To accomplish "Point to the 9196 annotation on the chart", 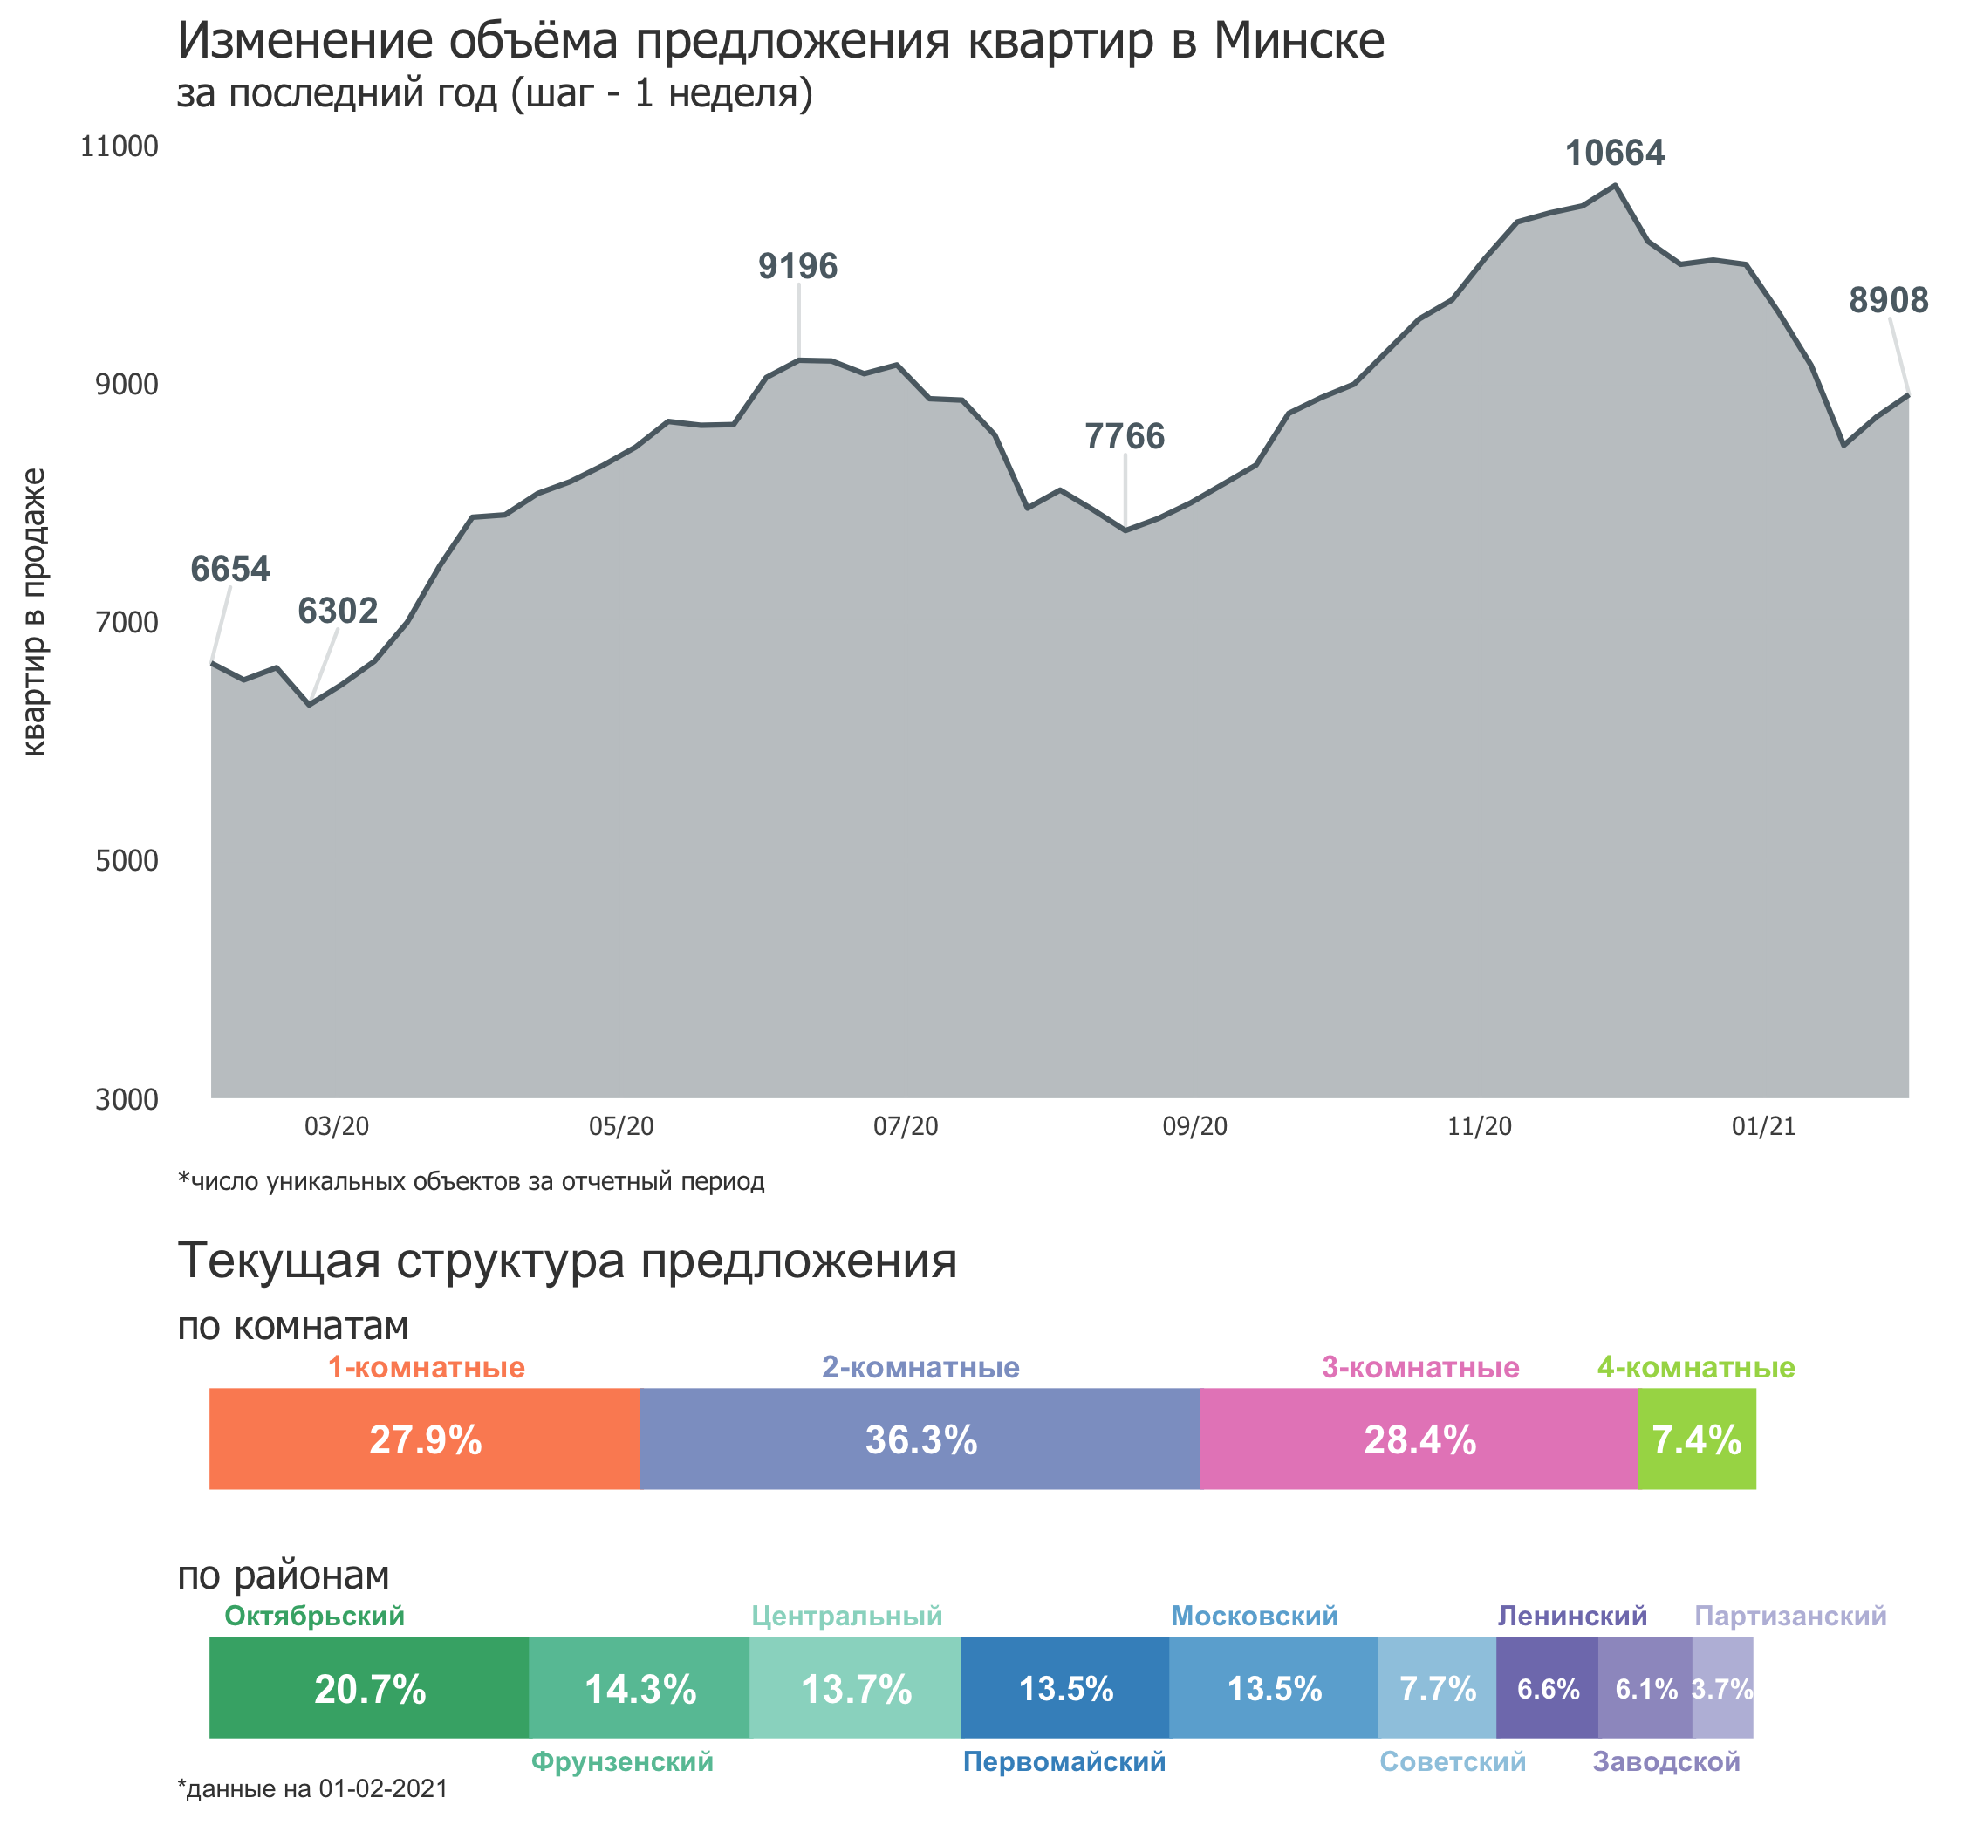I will (x=797, y=266).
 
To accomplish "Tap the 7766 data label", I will (x=1125, y=435).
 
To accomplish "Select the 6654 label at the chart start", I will (x=230, y=569).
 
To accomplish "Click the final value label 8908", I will (x=1888, y=300).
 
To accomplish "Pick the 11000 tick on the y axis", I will (x=120, y=147).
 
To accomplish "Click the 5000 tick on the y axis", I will (x=127, y=860).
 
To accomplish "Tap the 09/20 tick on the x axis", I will (x=1194, y=1126).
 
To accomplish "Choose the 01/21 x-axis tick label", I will (x=1763, y=1126).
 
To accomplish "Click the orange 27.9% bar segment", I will (x=425, y=1439).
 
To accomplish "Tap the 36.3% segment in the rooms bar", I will (x=920, y=1439).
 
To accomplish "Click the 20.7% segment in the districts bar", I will (x=369, y=1689).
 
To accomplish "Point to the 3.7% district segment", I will (x=1722, y=1689).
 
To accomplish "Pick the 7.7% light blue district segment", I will (x=1437, y=1689).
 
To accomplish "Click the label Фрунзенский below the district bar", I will (x=622, y=1762).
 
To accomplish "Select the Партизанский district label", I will (x=1790, y=1616).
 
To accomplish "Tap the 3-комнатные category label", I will (x=1420, y=1368).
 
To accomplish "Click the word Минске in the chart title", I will (x=1298, y=42).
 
